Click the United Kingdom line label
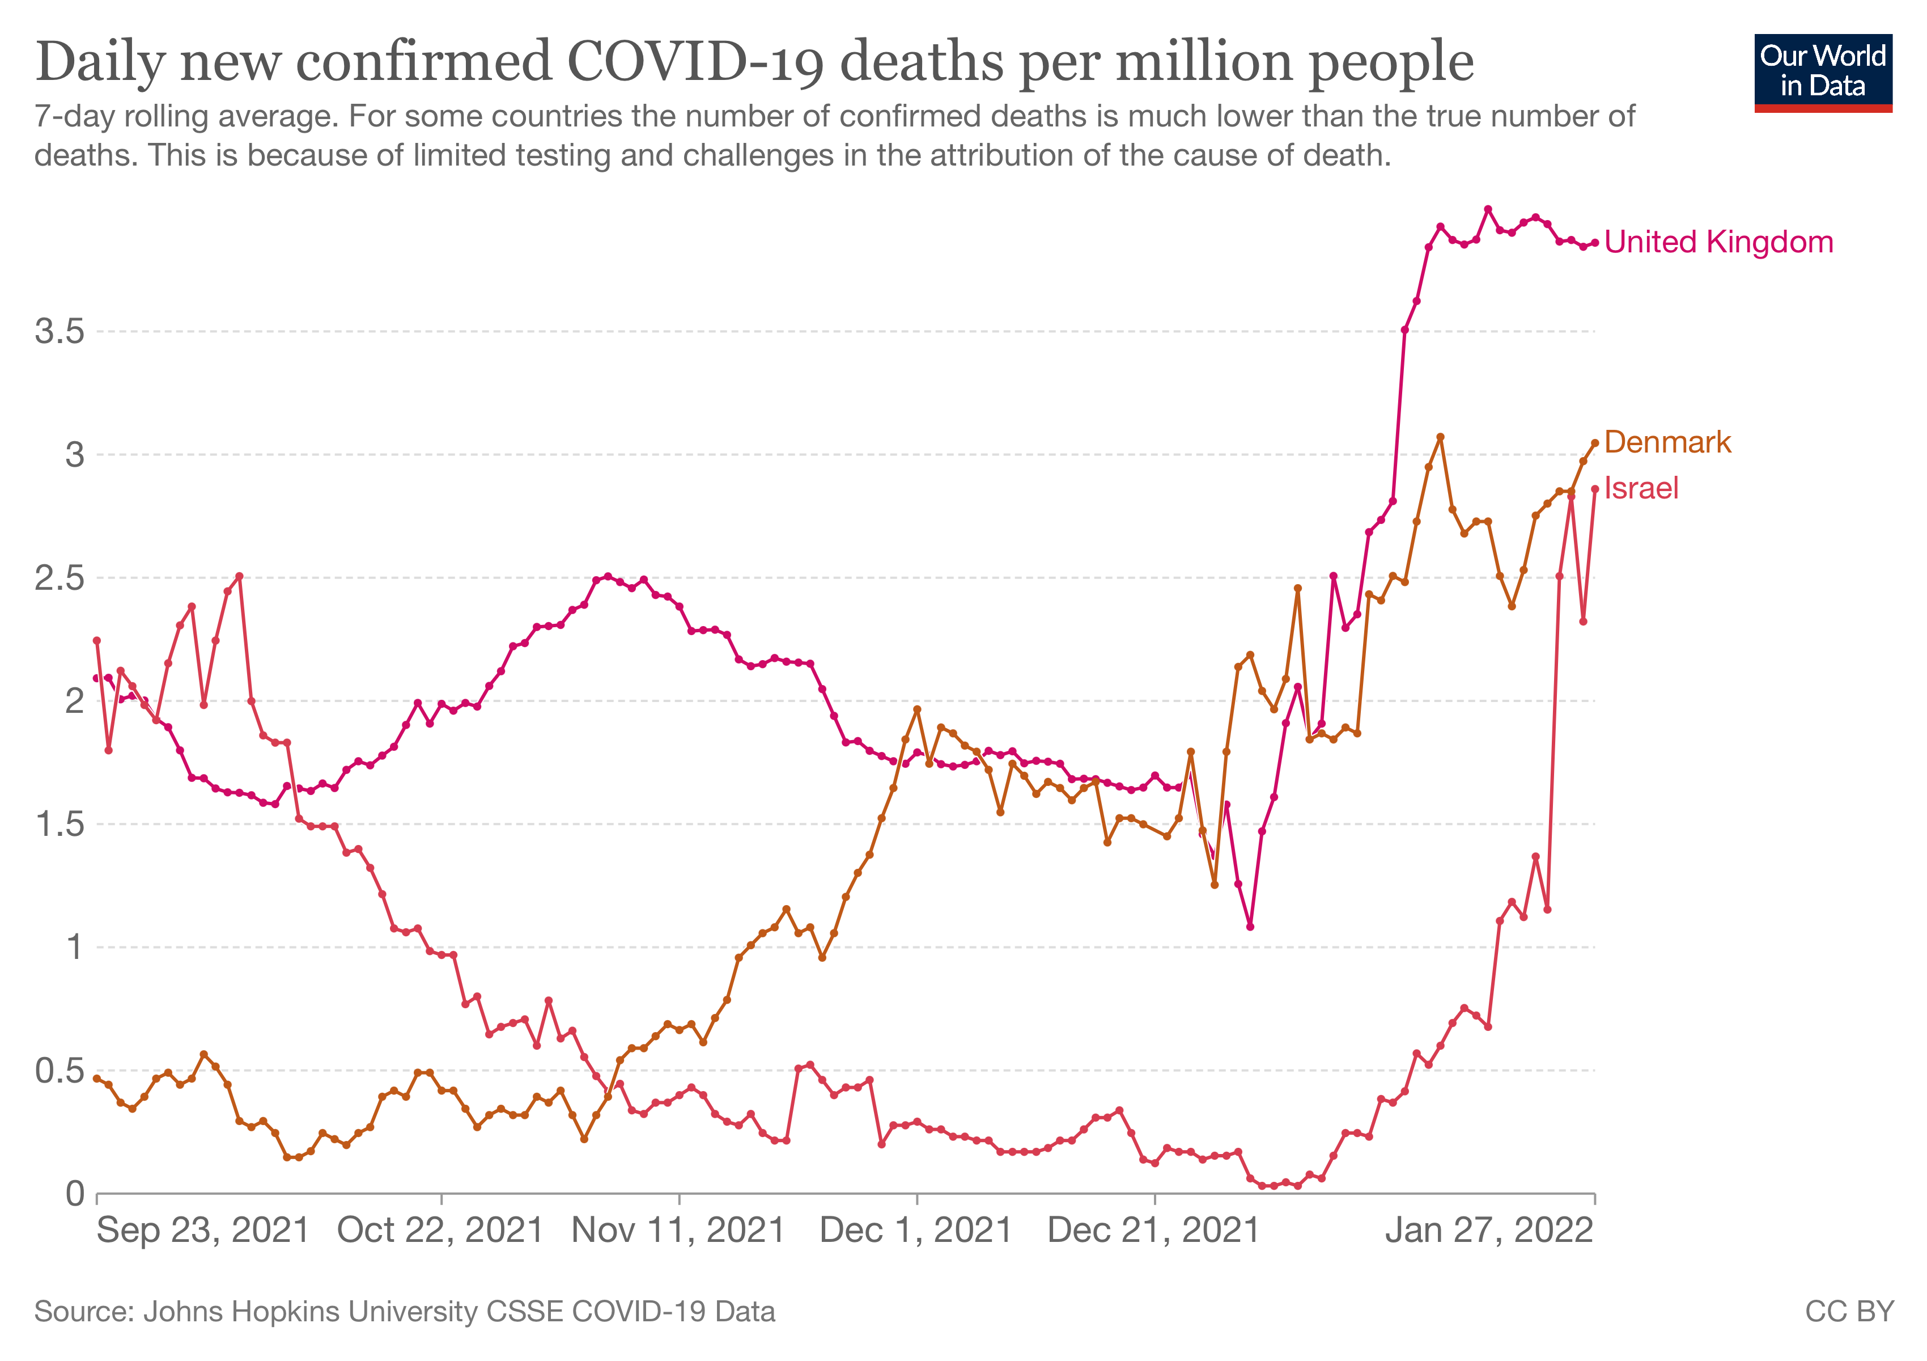[x=1718, y=243]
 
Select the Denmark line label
[x=1667, y=442]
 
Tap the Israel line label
[x=1641, y=488]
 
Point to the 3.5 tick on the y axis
[x=60, y=332]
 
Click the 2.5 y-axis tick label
[x=60, y=578]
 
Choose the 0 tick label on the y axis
[x=75, y=1194]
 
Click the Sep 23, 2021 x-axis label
[x=203, y=1231]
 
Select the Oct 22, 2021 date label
[x=440, y=1231]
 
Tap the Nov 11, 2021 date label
[x=678, y=1231]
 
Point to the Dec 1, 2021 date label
[x=916, y=1231]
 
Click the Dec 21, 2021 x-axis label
[x=1154, y=1231]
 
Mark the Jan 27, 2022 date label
[x=1489, y=1231]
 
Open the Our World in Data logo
[x=1823, y=73]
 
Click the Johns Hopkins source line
[x=405, y=1312]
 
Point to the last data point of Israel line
[x=1595, y=489]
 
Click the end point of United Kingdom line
[x=1595, y=243]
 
